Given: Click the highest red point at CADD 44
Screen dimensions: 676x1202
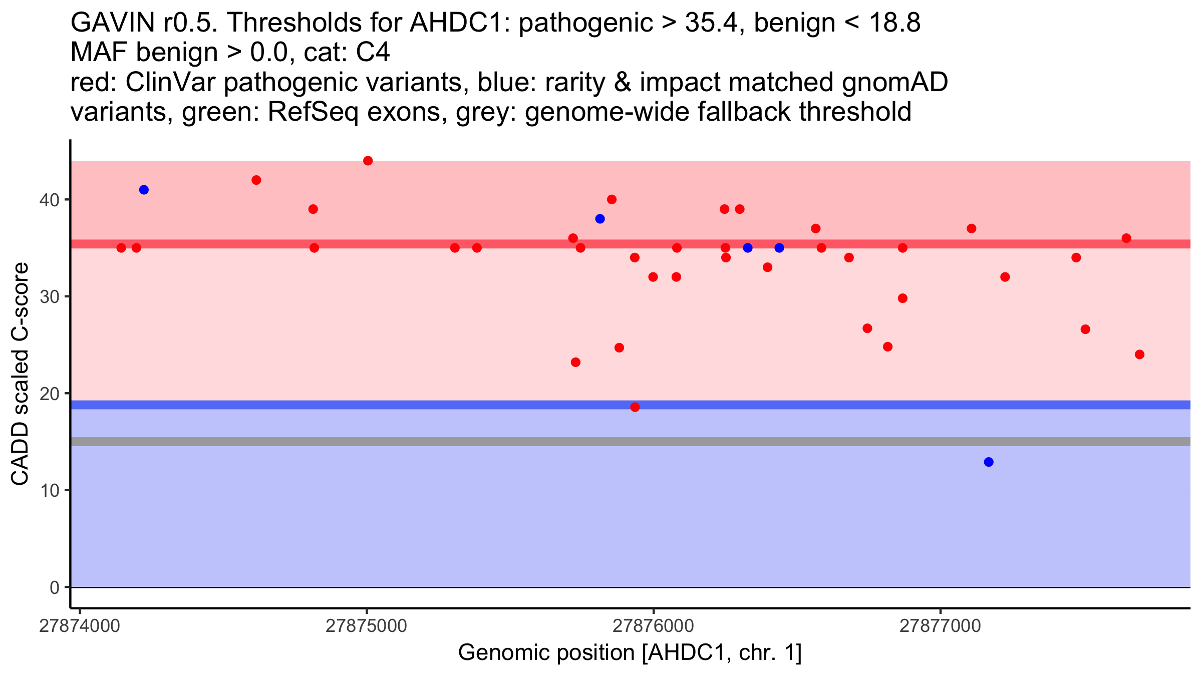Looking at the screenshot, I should click(368, 161).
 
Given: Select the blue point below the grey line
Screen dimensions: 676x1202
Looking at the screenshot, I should click(989, 462).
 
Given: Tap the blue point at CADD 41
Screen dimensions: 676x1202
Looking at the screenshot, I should click(144, 190).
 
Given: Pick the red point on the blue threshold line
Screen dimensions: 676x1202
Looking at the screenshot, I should click(635, 407).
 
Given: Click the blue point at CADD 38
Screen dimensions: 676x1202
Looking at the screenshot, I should click(600, 219).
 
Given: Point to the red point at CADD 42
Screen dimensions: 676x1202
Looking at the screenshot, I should click(256, 180).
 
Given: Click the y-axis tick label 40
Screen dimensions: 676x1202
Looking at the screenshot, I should click(49, 200).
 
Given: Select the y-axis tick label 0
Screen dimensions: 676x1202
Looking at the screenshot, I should click(55, 587).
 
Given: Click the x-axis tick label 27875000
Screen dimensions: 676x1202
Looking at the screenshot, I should click(366, 626).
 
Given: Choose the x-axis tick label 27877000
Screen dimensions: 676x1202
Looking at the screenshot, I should click(940, 626).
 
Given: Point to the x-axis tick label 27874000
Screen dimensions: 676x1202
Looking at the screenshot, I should click(80, 626).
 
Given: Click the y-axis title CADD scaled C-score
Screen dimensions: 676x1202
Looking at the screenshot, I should click(20, 374).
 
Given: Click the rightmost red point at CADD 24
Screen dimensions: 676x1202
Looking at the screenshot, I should click(1139, 355).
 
